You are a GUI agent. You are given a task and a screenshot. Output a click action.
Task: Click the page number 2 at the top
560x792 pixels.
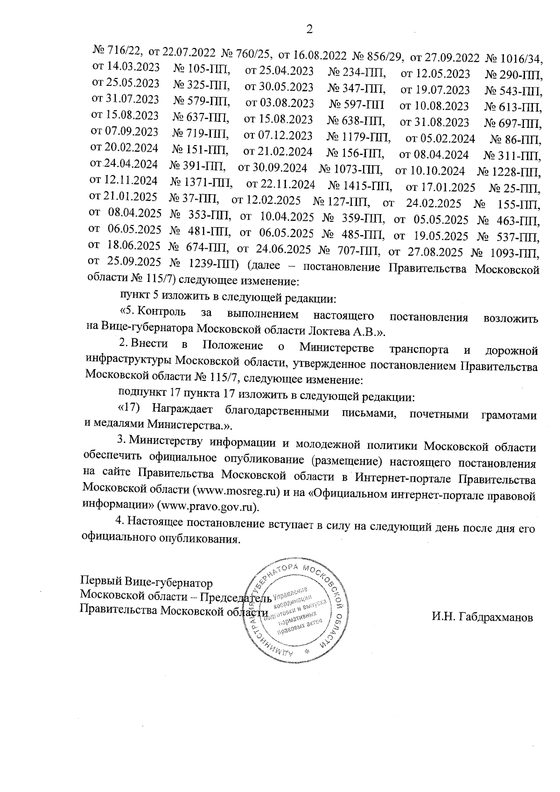coord(308,29)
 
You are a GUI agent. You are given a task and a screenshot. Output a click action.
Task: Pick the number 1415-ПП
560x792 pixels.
coord(366,186)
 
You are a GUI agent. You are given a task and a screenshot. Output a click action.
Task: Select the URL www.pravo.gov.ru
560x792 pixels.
coord(208,506)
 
